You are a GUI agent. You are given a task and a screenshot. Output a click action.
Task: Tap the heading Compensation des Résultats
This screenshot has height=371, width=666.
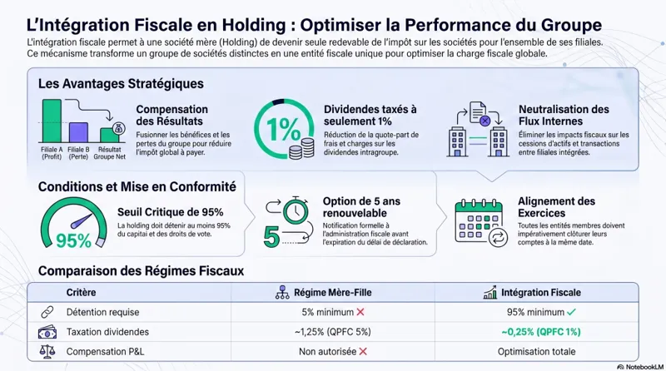[172, 116]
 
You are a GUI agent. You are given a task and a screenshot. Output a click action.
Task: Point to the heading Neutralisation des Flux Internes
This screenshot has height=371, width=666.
[564, 116]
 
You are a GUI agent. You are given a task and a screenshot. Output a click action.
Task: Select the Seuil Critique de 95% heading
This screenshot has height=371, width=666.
[171, 212]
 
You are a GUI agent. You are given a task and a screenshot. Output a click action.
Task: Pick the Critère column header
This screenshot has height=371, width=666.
[82, 293]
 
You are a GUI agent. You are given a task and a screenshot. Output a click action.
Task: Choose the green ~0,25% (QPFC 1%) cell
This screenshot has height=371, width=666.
[539, 332]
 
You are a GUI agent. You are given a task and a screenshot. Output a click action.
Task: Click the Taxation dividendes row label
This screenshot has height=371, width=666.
[109, 332]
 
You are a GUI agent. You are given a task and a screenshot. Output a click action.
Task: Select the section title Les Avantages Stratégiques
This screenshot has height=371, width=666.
[121, 84]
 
